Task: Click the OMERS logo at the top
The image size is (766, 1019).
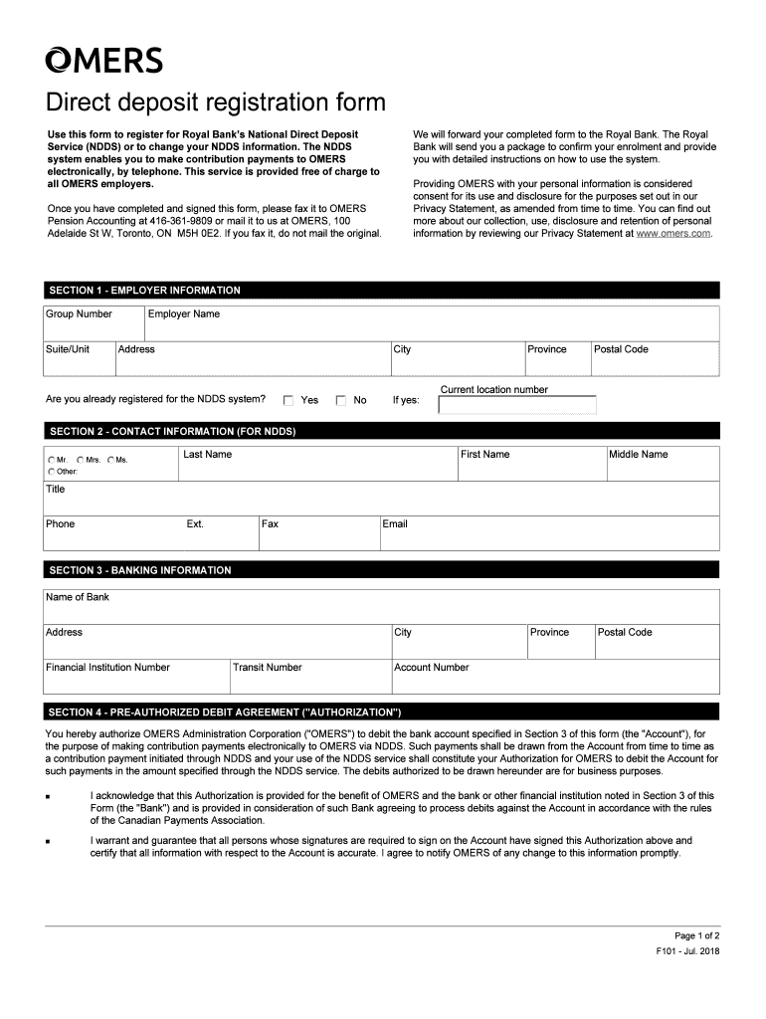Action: point(103,61)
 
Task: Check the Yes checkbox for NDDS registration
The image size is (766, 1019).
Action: point(288,401)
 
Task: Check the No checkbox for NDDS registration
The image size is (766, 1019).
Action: point(341,401)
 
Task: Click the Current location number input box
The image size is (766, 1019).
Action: point(517,405)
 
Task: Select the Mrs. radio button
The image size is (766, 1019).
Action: point(81,460)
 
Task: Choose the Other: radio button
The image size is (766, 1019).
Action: point(52,471)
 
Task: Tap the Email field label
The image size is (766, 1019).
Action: point(395,524)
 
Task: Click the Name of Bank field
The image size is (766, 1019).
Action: point(381,607)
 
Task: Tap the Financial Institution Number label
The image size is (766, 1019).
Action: point(107,668)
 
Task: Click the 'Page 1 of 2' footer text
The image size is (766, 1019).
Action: point(696,936)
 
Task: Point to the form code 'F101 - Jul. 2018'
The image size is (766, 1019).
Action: point(687,952)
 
